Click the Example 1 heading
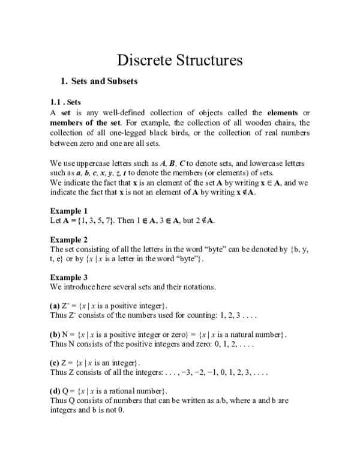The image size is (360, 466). tap(68, 210)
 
